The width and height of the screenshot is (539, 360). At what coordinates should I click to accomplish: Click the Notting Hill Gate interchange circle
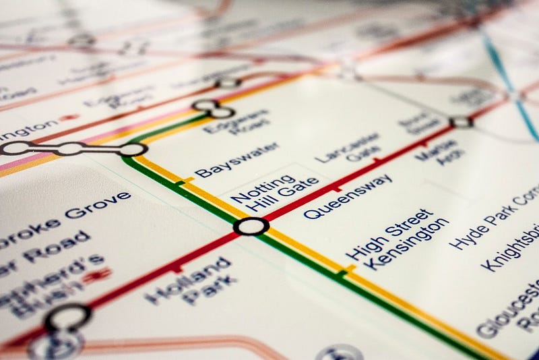coord(251,227)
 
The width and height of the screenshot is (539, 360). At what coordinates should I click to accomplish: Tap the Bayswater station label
coord(227,160)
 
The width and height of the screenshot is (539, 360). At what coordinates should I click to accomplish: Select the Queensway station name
coord(347,196)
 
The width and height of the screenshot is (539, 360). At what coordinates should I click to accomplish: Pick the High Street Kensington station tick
coord(344,272)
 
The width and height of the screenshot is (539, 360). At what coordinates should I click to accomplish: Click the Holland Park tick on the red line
coord(178,268)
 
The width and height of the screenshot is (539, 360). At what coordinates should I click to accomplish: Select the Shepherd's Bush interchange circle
coord(68,317)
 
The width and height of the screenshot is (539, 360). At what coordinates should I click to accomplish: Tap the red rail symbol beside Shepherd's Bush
coord(98,274)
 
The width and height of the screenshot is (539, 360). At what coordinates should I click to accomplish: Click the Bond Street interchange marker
coord(461,122)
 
